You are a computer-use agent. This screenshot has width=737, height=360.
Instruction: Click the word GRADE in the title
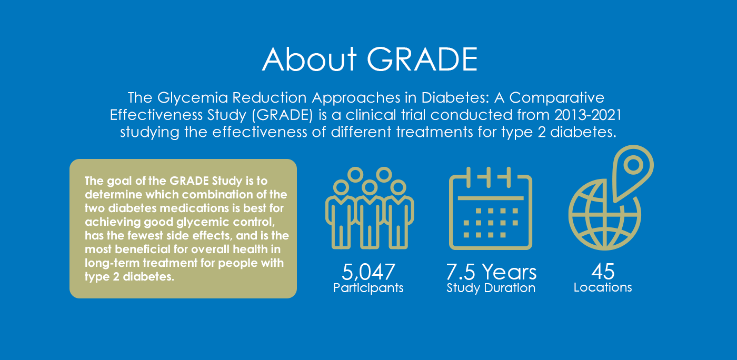point(422,59)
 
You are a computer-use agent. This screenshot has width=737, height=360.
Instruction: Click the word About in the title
point(310,59)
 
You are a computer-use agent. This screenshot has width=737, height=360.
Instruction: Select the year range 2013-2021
point(588,115)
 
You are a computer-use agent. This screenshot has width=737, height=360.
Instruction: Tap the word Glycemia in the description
point(193,98)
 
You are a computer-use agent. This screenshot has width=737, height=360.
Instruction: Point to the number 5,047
point(368,272)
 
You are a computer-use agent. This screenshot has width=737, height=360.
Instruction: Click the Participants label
point(368,288)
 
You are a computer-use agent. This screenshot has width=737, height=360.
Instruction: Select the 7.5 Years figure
point(491,272)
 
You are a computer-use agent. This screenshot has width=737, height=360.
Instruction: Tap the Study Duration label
point(491,288)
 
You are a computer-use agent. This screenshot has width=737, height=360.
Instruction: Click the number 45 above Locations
point(603,272)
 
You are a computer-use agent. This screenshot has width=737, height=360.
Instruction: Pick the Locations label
point(603,287)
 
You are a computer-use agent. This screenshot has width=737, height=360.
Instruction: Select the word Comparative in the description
point(557,98)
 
